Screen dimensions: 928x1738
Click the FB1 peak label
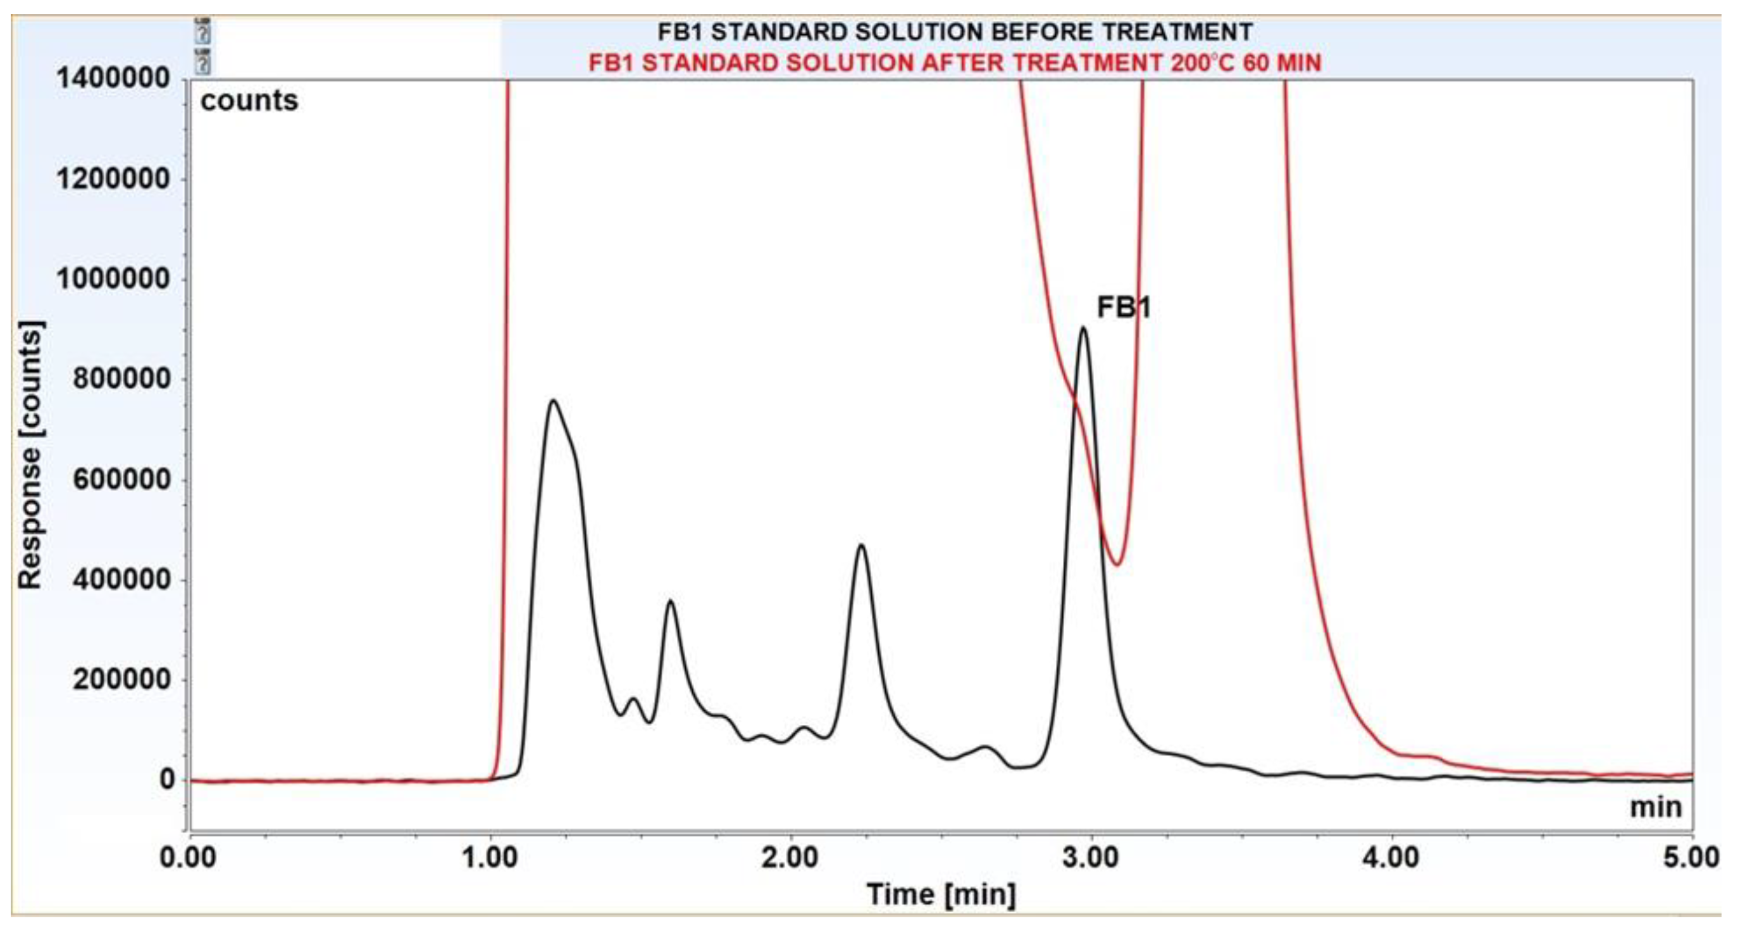[1122, 308]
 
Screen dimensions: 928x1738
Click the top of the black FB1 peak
[1083, 329]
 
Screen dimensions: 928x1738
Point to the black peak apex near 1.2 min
[553, 401]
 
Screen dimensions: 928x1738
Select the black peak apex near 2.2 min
[861, 544]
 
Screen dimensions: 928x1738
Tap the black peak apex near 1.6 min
[670, 601]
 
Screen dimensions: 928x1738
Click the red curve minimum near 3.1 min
[1117, 564]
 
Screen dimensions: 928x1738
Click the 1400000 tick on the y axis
[113, 78]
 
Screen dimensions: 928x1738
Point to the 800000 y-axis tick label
[121, 379]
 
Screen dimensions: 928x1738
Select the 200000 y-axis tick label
[121, 679]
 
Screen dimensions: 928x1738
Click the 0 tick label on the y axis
[166, 779]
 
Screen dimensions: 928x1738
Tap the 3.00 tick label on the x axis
[1090, 857]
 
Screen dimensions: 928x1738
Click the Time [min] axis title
[941, 894]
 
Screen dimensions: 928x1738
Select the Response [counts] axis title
[30, 455]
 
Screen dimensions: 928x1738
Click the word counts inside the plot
[249, 101]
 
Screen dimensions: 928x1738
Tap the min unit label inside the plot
[1656, 807]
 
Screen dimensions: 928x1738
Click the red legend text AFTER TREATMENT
[954, 63]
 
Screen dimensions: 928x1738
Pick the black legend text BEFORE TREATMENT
[954, 32]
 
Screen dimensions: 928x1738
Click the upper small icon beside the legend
[202, 31]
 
